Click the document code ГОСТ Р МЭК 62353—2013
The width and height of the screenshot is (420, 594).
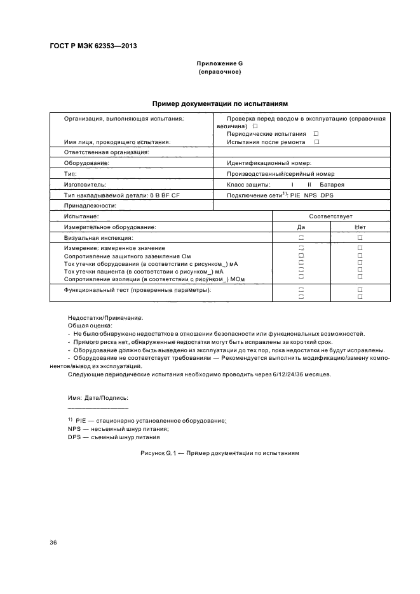click(x=93, y=46)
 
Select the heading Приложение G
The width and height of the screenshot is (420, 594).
click(x=220, y=64)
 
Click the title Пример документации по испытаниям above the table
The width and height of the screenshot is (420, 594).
click(x=220, y=103)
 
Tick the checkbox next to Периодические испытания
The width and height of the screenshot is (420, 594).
click(x=316, y=134)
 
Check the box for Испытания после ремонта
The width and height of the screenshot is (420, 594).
click(x=316, y=142)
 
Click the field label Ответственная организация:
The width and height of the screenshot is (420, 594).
click(x=106, y=152)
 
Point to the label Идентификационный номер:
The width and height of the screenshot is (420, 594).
click(x=264, y=163)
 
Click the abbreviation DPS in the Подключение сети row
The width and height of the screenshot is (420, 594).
click(x=327, y=195)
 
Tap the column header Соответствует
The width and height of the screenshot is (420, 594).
click(x=330, y=216)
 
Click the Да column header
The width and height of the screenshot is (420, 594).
click(x=301, y=227)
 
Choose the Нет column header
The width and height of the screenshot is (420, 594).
click(x=360, y=227)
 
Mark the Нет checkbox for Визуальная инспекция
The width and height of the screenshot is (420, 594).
click(x=360, y=237)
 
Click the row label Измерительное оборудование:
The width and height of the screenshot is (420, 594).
click(x=110, y=227)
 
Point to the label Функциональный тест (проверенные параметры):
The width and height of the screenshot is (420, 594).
click(x=137, y=290)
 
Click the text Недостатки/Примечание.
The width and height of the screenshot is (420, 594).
click(x=105, y=317)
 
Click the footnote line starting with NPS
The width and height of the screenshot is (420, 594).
click(x=109, y=429)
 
